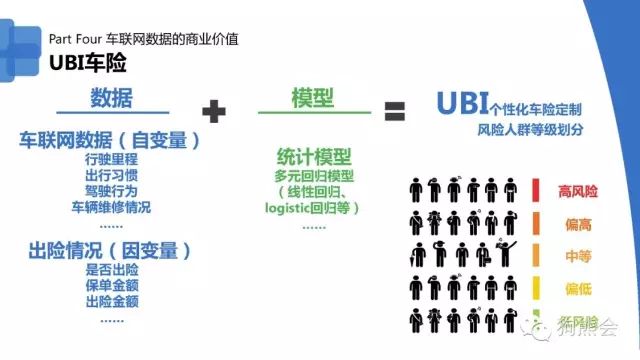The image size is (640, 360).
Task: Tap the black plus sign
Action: coord(214,110)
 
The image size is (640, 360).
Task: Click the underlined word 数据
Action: coord(111,99)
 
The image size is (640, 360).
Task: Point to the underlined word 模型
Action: coord(311,99)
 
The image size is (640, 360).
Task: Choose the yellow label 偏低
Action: coord(578,289)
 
